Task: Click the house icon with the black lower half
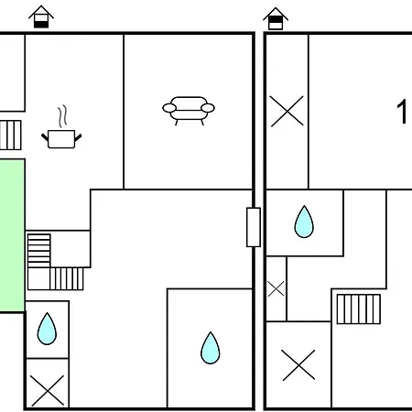pos(41,16)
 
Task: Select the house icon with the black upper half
pos(276,18)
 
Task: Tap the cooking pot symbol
pos(61,139)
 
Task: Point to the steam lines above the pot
pos(62,116)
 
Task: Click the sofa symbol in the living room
pos(189,111)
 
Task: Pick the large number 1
pos(402,112)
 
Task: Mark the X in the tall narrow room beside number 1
pos(287,111)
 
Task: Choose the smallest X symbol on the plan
pos(276,289)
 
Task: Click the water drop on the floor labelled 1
pos(304,222)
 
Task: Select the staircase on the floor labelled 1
pos(359,309)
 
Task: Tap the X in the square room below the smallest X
pos(298,365)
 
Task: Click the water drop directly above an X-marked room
pos(47,329)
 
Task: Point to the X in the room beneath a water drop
pos(48,391)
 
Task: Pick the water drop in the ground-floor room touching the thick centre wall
pos(211,348)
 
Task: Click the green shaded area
pos(12,235)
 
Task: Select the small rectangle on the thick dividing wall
pos(254,227)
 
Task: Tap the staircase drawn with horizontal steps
pos(38,251)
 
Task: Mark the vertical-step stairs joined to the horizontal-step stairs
pos(66,278)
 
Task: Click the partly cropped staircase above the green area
pos(10,136)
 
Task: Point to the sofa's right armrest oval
pos(208,108)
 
